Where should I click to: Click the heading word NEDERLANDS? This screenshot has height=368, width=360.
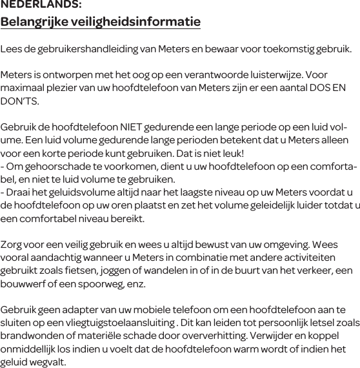pyautogui.click(x=41, y=5)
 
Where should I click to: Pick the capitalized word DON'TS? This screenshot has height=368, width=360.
pyautogui.click(x=20, y=102)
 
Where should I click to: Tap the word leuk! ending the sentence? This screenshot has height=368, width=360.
pyautogui.click(x=230, y=153)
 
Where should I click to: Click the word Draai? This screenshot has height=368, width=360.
pyautogui.click(x=19, y=192)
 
